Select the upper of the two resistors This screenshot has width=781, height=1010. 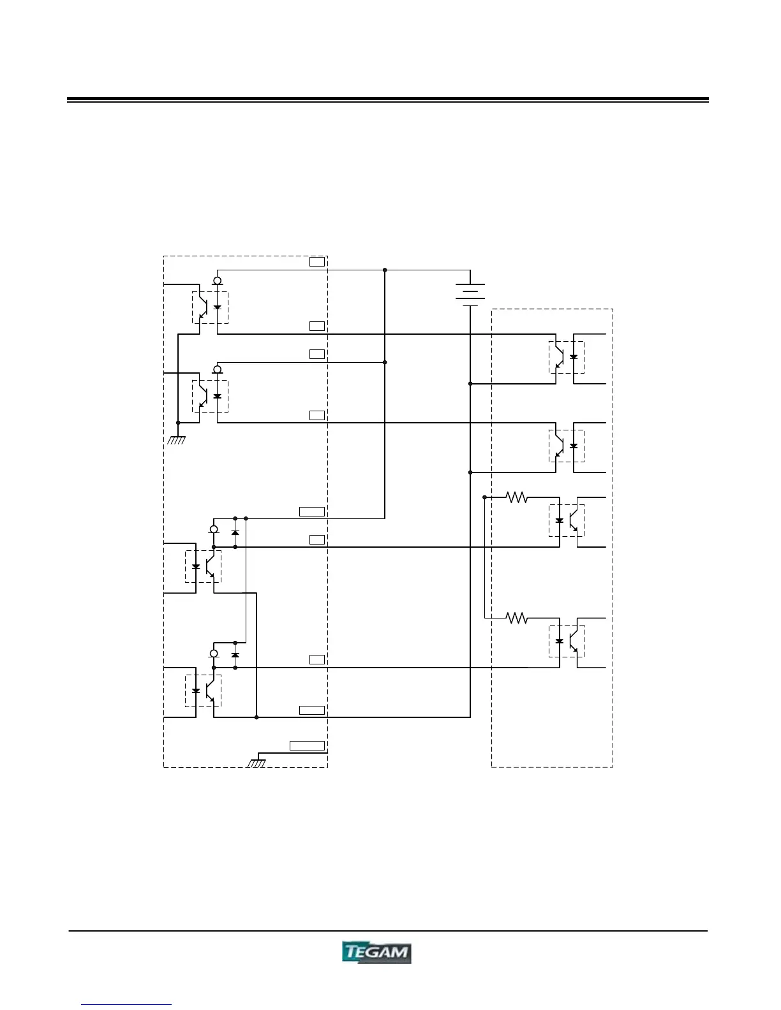[517, 497]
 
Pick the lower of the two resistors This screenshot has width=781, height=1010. [517, 618]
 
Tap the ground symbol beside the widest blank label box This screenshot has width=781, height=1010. [256, 762]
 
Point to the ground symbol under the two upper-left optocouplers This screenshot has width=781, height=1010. [177, 439]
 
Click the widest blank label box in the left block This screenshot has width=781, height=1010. [308, 745]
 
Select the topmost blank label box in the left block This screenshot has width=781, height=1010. [317, 261]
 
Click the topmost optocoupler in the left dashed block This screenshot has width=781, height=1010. [210, 307]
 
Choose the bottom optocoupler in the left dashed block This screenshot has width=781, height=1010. [203, 691]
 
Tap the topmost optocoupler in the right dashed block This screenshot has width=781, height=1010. [566, 357]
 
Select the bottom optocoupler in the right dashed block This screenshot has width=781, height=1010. [566, 641]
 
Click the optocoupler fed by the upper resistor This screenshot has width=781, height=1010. [566, 520]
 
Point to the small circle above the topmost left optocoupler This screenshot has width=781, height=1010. [218, 281]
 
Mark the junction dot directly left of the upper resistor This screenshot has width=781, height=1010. [485, 497]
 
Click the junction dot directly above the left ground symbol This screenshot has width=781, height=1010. [178, 423]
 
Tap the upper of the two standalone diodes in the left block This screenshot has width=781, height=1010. [235, 532]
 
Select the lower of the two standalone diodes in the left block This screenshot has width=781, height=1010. [235, 655]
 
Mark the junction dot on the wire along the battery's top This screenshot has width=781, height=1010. [385, 270]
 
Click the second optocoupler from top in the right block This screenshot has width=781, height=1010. [566, 446]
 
